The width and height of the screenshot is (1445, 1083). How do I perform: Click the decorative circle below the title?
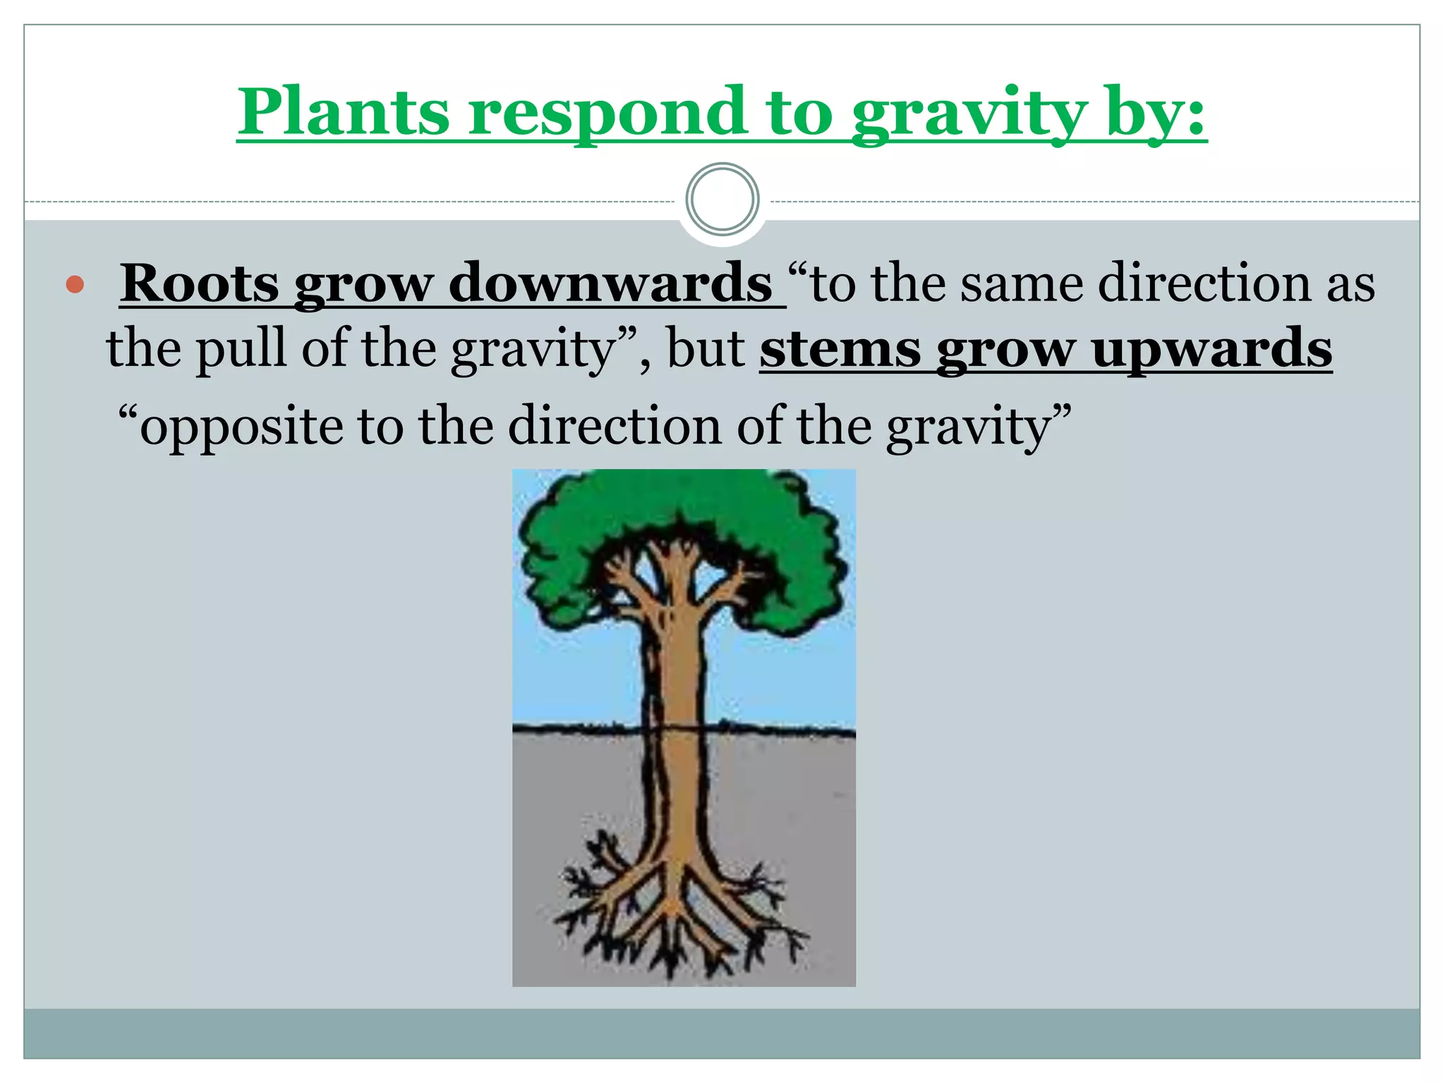[722, 200]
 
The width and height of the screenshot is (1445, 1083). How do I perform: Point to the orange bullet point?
[75, 285]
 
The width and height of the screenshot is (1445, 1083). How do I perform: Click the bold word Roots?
[199, 283]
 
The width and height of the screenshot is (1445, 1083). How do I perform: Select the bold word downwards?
[610, 283]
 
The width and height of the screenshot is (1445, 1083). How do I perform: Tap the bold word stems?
[840, 348]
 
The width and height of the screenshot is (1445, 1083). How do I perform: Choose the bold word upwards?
[1211, 350]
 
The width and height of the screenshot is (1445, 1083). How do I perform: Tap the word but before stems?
[706, 348]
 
